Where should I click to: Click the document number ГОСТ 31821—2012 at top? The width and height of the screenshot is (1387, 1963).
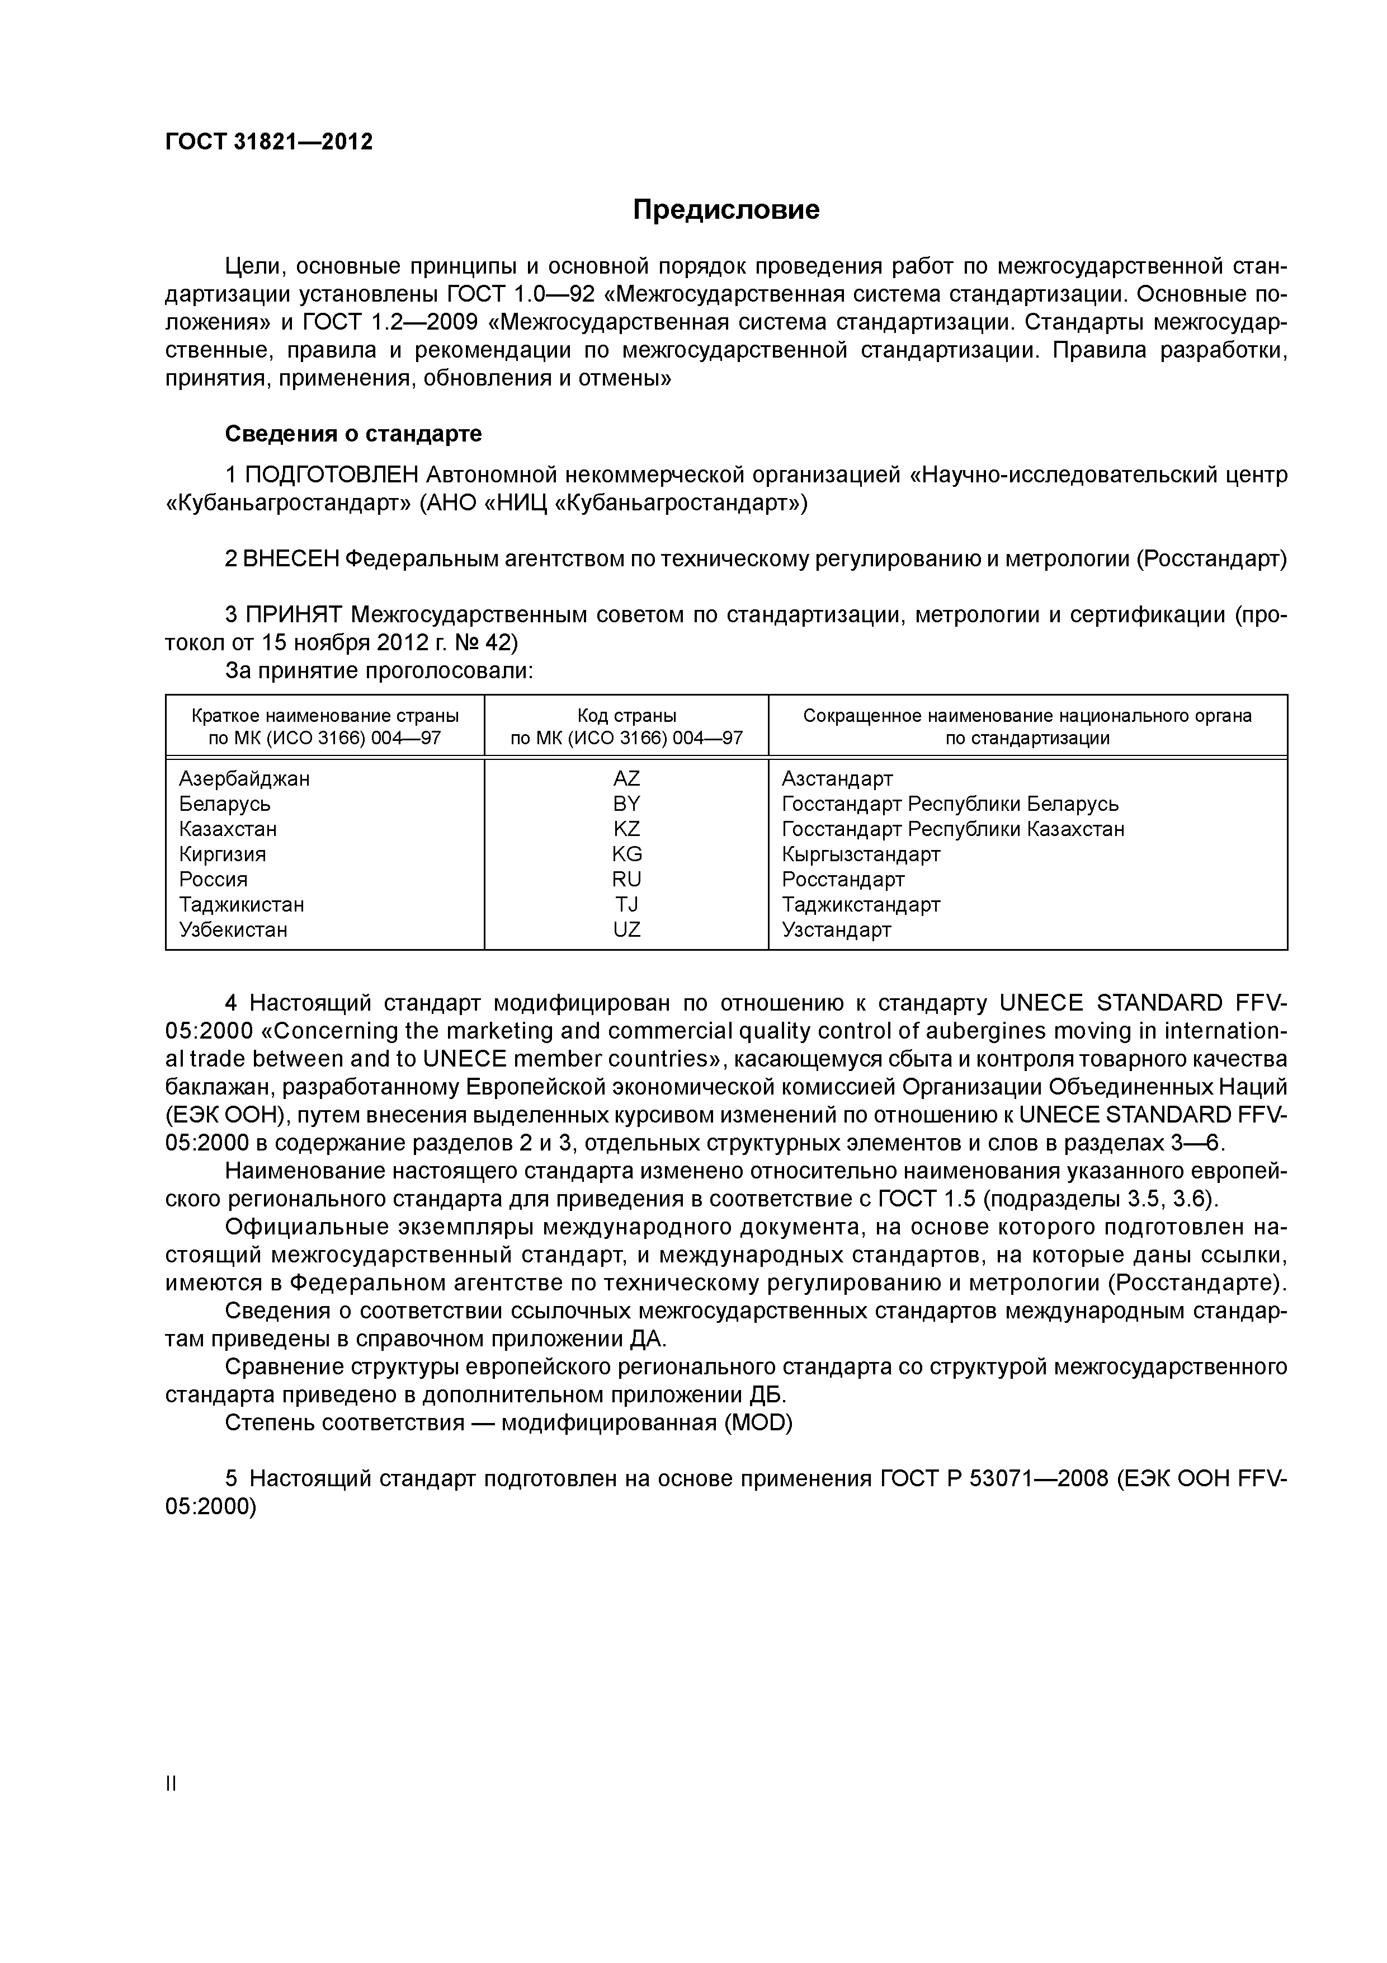[269, 142]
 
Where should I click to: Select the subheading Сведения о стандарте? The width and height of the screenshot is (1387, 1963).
[353, 434]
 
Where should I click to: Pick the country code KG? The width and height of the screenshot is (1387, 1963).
[626, 854]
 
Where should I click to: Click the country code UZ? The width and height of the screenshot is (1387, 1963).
[626, 929]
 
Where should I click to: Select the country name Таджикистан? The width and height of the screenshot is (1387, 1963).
[241, 904]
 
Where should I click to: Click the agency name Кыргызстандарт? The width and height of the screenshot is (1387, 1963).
[861, 854]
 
